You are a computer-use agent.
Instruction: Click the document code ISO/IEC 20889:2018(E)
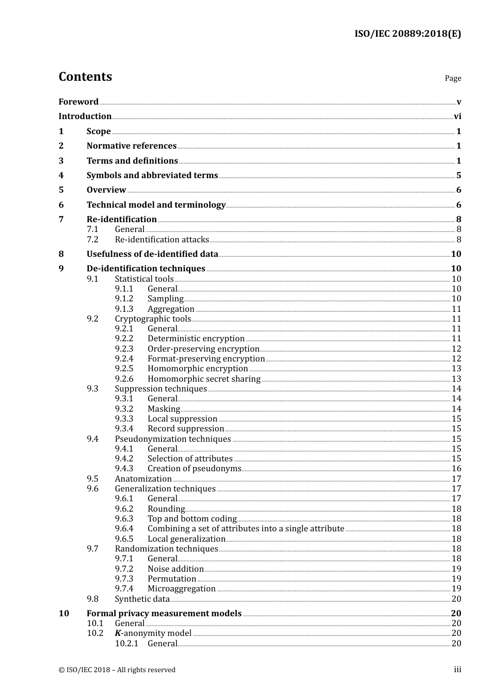408,34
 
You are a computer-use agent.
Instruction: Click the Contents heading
85,77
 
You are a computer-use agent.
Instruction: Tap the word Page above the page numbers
453,78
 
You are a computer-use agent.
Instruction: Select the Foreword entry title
78,102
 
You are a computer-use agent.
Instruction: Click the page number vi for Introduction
457,117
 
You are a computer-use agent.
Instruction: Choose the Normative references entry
132,146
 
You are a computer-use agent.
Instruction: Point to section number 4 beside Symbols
61,176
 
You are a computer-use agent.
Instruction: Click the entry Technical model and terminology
156,205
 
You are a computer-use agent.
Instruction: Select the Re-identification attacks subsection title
162,240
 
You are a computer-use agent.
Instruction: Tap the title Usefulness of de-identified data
152,254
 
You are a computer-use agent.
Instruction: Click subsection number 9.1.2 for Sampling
124,299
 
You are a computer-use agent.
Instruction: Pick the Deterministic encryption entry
196,339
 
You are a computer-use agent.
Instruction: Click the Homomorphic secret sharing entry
204,379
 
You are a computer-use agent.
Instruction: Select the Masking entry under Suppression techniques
164,409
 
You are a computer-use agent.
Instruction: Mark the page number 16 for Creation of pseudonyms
456,469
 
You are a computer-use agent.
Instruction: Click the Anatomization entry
143,479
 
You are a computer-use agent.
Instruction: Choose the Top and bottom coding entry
192,519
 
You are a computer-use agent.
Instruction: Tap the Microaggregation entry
181,589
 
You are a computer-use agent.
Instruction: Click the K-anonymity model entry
153,633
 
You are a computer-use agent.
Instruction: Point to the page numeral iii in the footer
457,670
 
